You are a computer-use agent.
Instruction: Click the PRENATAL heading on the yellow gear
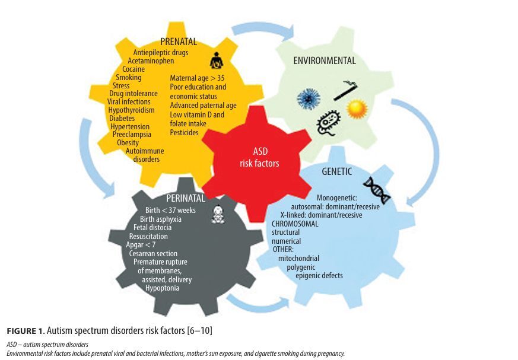179,42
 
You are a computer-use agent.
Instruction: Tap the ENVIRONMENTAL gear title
325,60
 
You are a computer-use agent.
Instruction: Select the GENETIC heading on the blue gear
336,171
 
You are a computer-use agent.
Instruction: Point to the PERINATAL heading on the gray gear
186,198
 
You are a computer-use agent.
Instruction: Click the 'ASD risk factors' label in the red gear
260,157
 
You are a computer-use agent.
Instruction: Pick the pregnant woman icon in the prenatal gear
217,60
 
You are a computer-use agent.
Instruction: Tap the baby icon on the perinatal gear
218,215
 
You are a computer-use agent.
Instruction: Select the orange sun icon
357,109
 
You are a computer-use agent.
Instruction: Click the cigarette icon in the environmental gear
345,90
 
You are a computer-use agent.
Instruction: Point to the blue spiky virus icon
309,99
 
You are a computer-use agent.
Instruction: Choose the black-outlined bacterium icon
328,123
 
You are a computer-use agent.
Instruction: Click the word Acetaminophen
151,60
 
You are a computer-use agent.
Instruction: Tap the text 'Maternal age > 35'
197,78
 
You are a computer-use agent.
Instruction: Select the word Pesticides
184,132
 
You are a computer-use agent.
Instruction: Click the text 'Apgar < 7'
141,245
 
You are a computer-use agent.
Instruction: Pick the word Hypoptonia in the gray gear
162,288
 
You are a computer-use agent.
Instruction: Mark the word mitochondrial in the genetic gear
298,258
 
